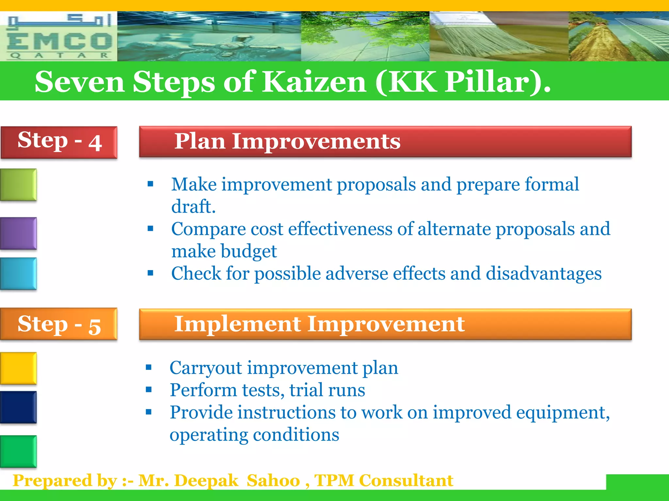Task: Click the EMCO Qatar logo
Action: (x=59, y=37)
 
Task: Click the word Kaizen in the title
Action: (x=314, y=82)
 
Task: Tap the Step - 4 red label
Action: (x=59, y=142)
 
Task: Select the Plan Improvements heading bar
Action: (x=385, y=142)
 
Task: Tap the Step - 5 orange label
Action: (x=59, y=324)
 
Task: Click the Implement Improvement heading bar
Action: (x=385, y=324)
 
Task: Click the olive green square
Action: (x=18, y=185)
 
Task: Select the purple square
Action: (x=18, y=233)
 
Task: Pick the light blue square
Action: (x=18, y=273)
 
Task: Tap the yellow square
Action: (x=18, y=368)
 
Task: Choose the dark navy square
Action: (x=18, y=407)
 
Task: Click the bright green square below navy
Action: (x=18, y=451)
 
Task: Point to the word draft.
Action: (x=193, y=206)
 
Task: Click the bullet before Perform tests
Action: (x=149, y=389)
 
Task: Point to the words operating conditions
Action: (x=254, y=435)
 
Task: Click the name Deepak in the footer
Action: (x=206, y=481)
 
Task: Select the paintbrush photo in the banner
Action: (x=499, y=37)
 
